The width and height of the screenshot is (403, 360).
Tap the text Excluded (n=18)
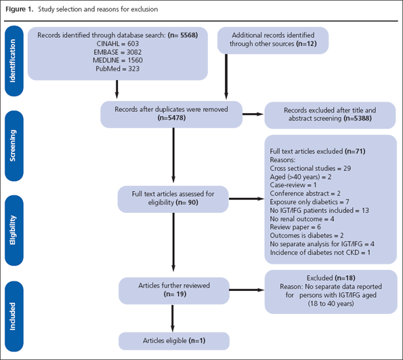click(328, 279)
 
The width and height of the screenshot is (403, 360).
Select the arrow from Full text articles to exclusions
click(247, 199)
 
